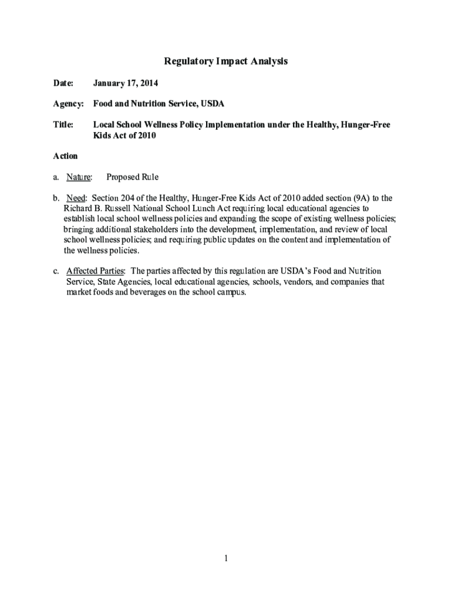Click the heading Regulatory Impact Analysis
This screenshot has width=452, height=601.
pos(225,61)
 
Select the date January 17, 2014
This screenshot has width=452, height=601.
pos(126,83)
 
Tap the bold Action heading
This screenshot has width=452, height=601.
pos(65,156)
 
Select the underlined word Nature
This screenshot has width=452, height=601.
pos(79,177)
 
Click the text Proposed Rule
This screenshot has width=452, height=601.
pos(132,177)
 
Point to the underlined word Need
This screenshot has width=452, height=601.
pos(76,198)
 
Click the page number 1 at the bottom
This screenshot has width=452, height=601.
pos(225,558)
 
